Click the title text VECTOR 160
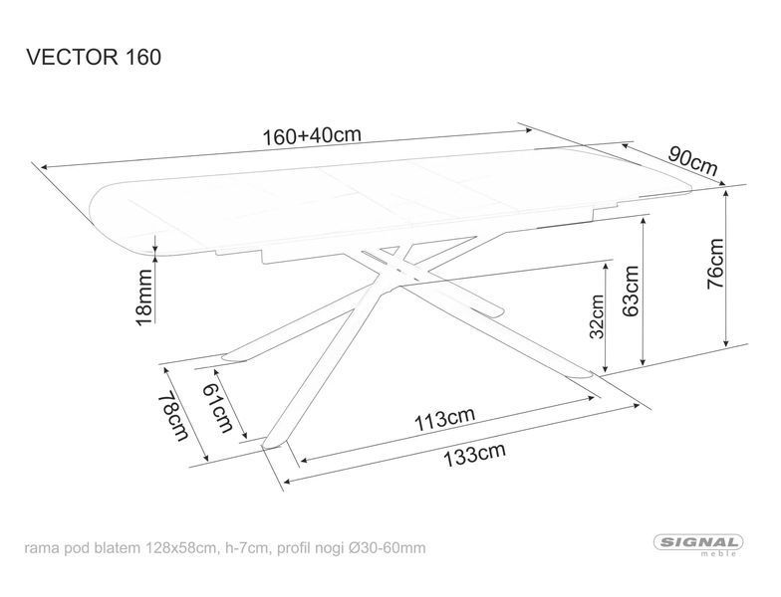pyautogui.click(x=94, y=58)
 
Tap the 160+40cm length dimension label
pyautogui.click(x=311, y=135)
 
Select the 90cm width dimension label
pyautogui.click(x=693, y=161)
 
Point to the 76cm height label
pyautogui.click(x=715, y=264)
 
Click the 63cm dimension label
pyautogui.click(x=631, y=291)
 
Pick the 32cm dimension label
pyautogui.click(x=596, y=316)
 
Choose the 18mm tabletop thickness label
pyautogui.click(x=144, y=298)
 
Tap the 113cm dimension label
pyautogui.click(x=444, y=420)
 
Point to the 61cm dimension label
pyautogui.click(x=217, y=408)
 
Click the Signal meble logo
pyautogui.click(x=697, y=543)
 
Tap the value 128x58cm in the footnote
pyautogui.click(x=181, y=548)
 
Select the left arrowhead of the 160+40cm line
pyautogui.click(x=46, y=167)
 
